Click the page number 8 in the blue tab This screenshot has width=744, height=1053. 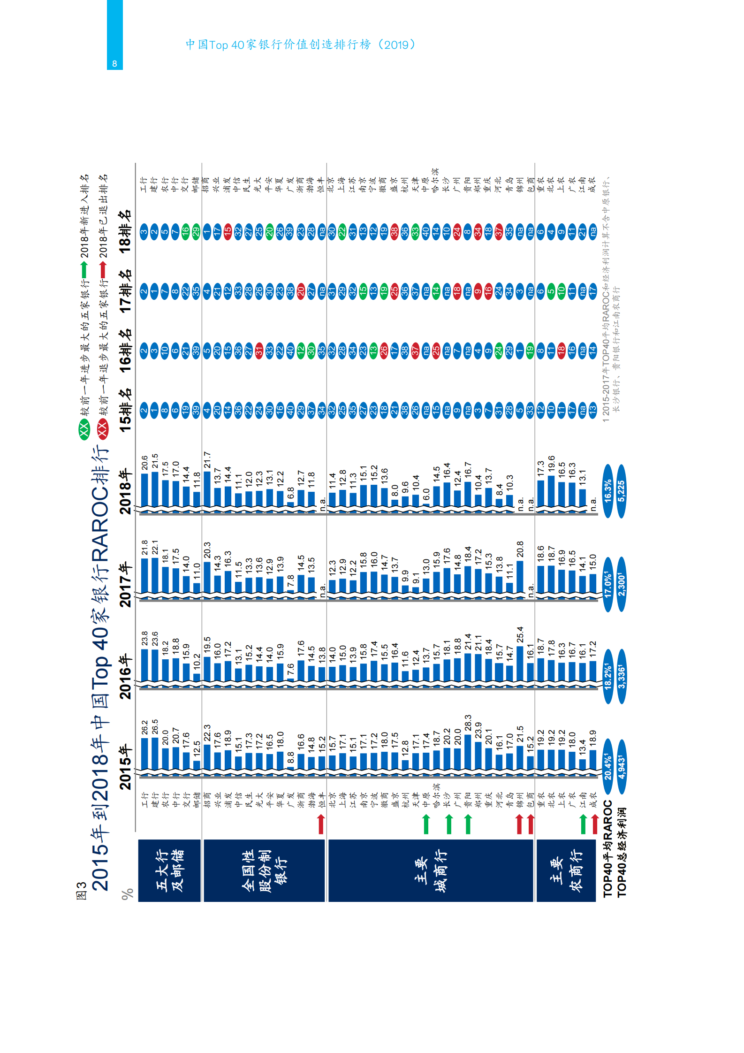114,64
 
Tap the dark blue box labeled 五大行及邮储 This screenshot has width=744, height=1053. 169,870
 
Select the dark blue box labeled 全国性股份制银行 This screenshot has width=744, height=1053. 264,870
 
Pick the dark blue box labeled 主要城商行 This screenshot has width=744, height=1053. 431,870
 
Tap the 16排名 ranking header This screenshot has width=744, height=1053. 125,351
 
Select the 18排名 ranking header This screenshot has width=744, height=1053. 125,231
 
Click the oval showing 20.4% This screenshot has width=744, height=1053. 608,767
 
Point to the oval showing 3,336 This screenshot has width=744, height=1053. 622,676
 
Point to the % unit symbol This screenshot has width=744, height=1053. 127,894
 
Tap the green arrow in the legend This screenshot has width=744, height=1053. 84,270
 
